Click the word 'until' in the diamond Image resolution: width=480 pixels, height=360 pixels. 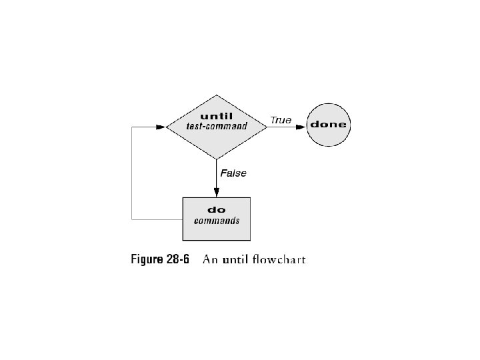[x=217, y=116]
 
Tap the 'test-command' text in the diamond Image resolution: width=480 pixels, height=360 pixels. [x=217, y=126]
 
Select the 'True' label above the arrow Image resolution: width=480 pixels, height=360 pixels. [x=281, y=121]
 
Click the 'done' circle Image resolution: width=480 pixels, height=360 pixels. [x=328, y=125]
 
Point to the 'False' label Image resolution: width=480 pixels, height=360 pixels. [x=233, y=173]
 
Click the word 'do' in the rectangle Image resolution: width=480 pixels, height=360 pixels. [x=217, y=210]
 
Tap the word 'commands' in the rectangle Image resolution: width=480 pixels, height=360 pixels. [x=217, y=221]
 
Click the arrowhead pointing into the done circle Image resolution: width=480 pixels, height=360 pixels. [x=302, y=125]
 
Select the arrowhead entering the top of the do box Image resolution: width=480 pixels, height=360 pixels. [x=217, y=193]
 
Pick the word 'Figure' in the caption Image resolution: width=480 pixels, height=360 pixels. [x=146, y=259]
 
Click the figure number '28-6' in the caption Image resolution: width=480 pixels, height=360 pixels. [x=177, y=259]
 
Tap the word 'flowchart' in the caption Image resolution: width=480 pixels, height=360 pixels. [x=280, y=259]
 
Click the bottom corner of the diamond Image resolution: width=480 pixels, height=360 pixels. [x=217, y=159]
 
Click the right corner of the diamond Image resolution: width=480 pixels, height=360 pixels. [x=267, y=125]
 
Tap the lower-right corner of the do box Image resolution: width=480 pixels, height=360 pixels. [x=250, y=240]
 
